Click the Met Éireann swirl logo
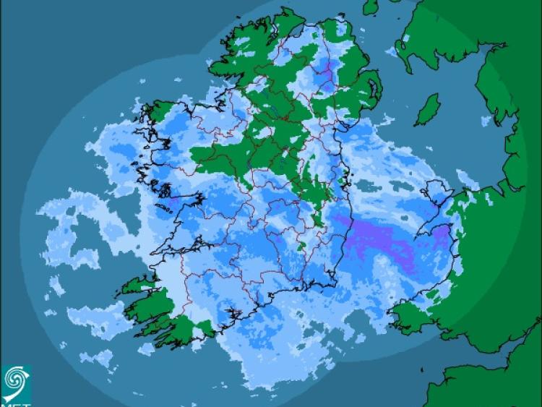pyautogui.click(x=16, y=381)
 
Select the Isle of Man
pyautogui.click(x=429, y=109)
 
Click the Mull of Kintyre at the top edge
pyautogui.click(x=371, y=7)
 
